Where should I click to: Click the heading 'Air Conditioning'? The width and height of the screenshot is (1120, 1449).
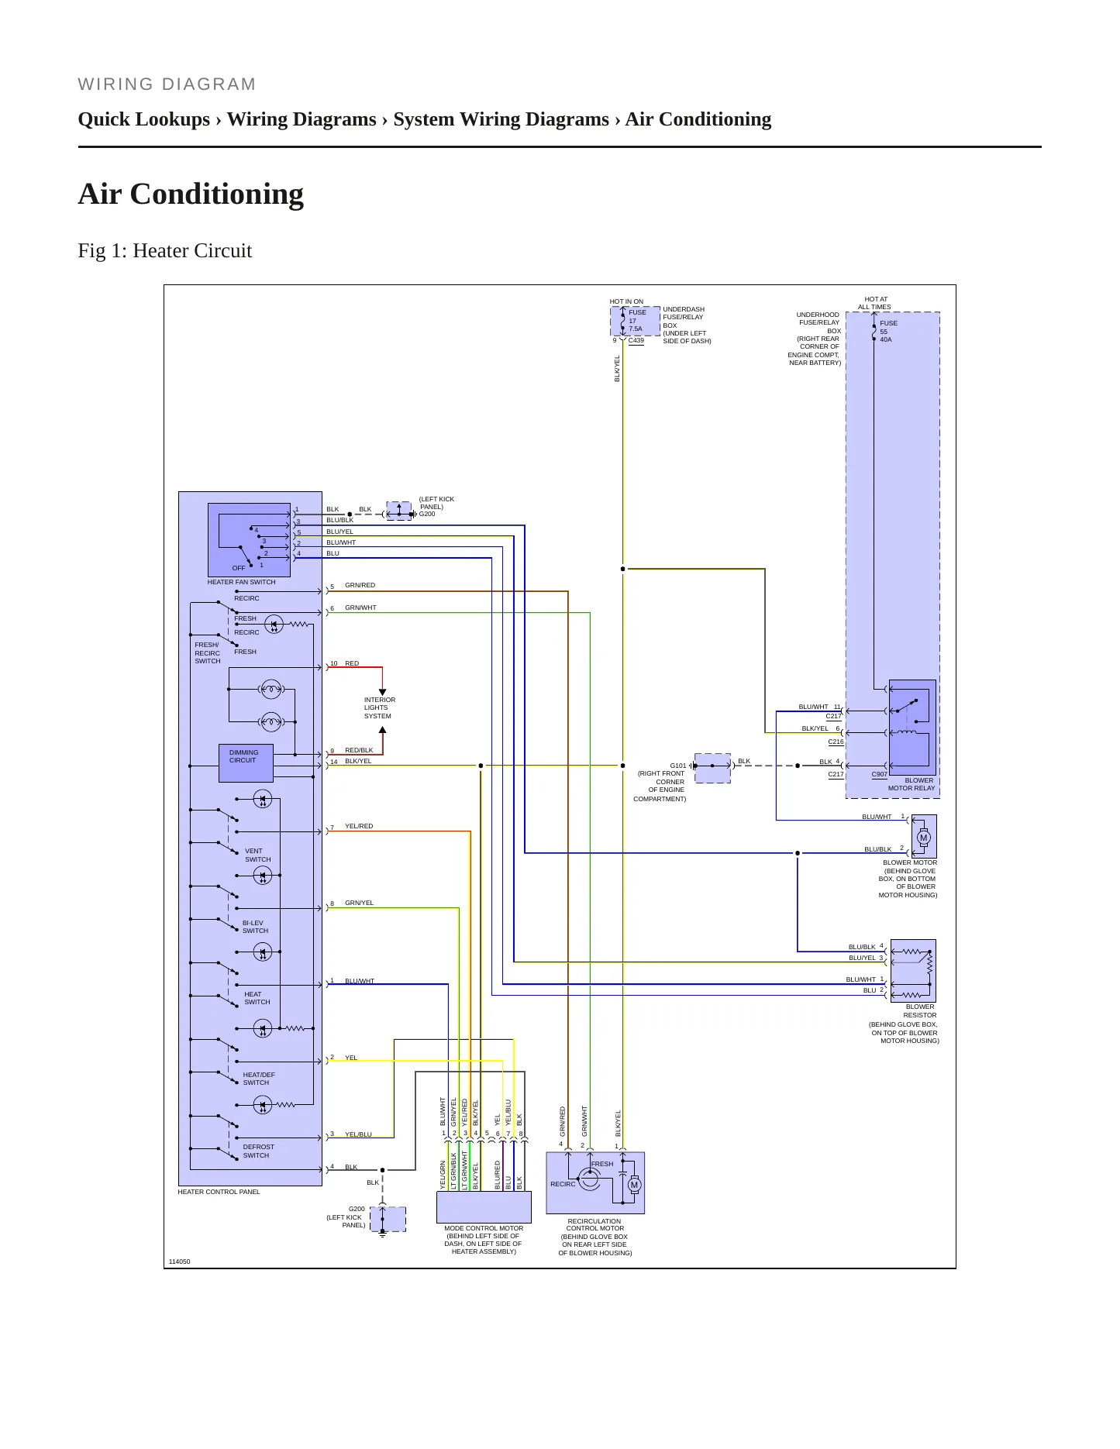(191, 194)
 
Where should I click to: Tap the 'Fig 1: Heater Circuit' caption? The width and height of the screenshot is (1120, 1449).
(165, 250)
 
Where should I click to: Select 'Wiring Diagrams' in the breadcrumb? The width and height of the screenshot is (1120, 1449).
(302, 119)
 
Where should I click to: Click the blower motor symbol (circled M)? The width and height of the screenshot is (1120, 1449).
(923, 838)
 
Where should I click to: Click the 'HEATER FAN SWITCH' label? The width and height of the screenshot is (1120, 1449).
(241, 582)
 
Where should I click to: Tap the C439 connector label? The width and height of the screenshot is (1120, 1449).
(636, 340)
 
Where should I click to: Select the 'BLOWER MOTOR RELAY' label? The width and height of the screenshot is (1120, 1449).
(912, 784)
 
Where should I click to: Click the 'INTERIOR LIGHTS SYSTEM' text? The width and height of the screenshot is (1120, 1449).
(380, 707)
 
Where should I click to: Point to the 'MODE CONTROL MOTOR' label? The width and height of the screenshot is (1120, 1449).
(484, 1228)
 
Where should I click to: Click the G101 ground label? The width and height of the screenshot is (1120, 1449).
(678, 766)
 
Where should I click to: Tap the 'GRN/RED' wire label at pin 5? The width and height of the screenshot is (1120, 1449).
(360, 585)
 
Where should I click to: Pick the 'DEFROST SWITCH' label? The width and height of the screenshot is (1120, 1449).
(258, 1151)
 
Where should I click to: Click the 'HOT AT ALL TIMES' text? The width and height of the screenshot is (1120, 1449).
(875, 303)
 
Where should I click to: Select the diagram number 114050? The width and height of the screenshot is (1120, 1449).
(179, 1261)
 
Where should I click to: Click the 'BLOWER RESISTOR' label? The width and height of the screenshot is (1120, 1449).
(920, 1010)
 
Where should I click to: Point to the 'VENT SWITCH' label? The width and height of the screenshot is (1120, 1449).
(257, 855)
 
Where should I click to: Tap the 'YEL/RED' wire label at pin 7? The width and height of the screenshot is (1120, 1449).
(359, 826)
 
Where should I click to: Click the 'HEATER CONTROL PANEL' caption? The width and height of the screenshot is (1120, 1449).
(219, 1192)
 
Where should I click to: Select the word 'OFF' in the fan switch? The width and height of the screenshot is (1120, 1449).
(239, 568)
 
